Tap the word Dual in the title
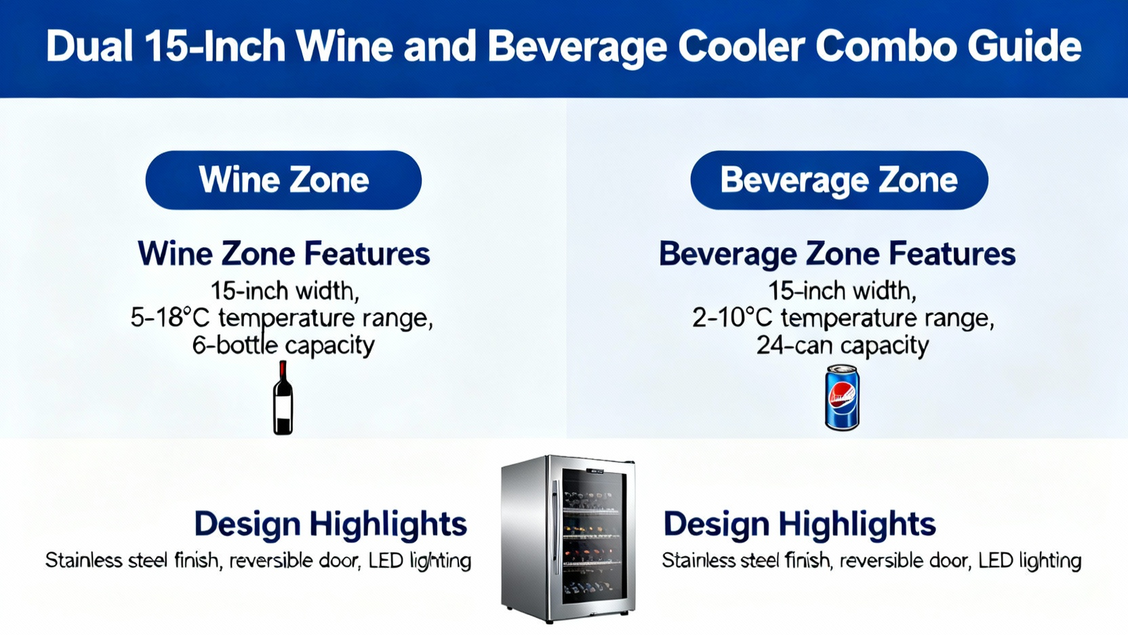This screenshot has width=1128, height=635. (89, 47)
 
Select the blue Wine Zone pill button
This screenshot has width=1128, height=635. (283, 180)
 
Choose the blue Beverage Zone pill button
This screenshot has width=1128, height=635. (839, 180)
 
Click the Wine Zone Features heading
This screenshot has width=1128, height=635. (284, 253)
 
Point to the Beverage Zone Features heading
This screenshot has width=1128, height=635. (837, 253)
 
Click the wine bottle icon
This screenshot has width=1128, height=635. (283, 398)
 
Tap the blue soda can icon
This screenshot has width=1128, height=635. (842, 398)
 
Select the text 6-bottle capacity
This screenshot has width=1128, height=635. (283, 346)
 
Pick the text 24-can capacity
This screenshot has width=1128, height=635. (842, 346)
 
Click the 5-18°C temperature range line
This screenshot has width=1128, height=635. (281, 318)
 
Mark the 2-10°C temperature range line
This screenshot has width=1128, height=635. (843, 318)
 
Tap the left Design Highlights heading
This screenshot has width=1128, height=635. (331, 524)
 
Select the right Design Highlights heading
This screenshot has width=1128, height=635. (799, 524)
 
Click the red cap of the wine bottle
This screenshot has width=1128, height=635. (283, 370)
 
